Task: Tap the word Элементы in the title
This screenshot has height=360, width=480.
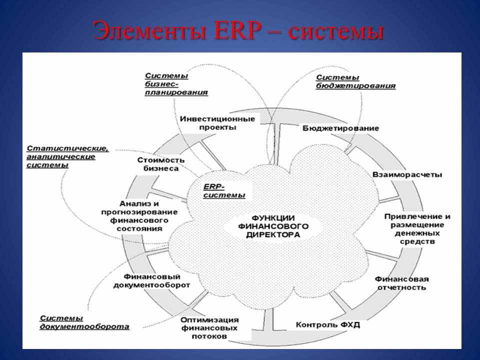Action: (x=149, y=31)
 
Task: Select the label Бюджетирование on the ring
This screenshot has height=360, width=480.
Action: (x=340, y=128)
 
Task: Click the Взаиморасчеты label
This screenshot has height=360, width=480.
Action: (x=407, y=175)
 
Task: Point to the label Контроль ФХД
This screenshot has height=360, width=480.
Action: (x=328, y=324)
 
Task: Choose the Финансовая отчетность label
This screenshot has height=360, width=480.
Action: (x=401, y=283)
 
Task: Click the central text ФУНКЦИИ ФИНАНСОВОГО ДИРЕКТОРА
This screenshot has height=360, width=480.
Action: (x=273, y=226)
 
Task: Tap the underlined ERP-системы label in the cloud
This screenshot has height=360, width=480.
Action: (x=224, y=191)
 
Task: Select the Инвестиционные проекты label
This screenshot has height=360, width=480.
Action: (x=217, y=123)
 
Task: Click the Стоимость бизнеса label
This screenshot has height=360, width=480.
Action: (x=161, y=164)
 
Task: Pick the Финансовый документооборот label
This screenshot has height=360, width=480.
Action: (x=151, y=280)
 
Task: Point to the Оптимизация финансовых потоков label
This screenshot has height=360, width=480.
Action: (x=209, y=328)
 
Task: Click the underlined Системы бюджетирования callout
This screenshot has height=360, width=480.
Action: (x=355, y=81)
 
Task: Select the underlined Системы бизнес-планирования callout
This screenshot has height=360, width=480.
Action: (x=176, y=84)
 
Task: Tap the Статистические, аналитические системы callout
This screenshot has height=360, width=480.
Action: (x=67, y=156)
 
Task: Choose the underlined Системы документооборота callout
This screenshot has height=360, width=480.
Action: (x=84, y=322)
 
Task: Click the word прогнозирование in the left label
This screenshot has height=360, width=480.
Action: (x=139, y=212)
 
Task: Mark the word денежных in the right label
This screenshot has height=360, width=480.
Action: (x=417, y=233)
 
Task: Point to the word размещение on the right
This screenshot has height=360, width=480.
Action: (x=417, y=225)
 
